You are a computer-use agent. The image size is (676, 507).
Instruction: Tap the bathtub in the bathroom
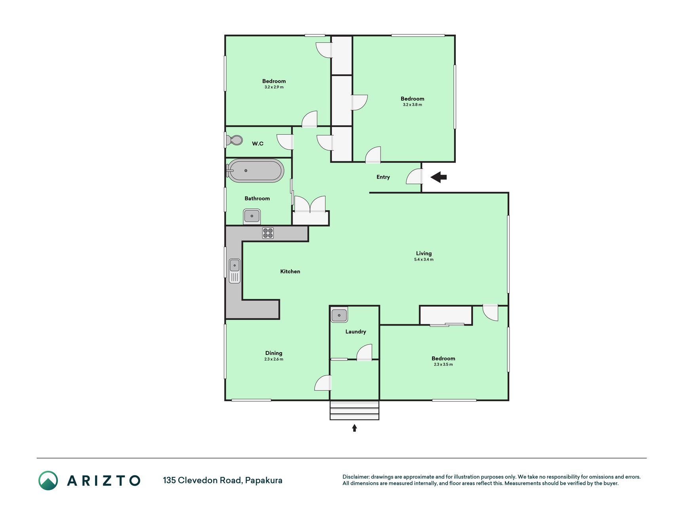point(255,171)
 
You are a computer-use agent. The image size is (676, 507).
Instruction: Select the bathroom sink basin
point(252,216)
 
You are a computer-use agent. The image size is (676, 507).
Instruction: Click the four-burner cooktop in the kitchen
point(268,233)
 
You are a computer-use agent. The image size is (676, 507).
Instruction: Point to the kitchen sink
point(235,271)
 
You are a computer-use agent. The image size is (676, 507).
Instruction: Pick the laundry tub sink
point(339,315)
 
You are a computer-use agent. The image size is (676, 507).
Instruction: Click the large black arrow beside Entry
point(438,177)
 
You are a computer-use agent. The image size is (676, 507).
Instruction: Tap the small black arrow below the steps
point(354,428)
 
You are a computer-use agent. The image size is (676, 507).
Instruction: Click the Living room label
point(424,253)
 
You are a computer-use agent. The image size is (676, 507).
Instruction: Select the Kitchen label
point(290,271)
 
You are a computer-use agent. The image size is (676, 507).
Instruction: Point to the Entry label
point(383,177)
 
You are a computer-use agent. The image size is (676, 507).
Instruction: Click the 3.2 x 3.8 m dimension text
point(413,105)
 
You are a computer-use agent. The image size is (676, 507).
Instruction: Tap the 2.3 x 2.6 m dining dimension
point(274,359)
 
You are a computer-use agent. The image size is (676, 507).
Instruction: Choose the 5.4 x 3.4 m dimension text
point(424,259)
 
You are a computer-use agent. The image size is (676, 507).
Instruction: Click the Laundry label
point(356,332)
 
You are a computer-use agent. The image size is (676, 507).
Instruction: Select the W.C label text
point(258,143)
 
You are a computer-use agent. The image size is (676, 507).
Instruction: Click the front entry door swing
point(415,176)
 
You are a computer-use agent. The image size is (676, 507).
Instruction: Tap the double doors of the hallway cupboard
point(310,204)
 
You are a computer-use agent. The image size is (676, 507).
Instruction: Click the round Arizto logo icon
point(48,480)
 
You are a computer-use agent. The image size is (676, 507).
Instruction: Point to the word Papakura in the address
point(264,480)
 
